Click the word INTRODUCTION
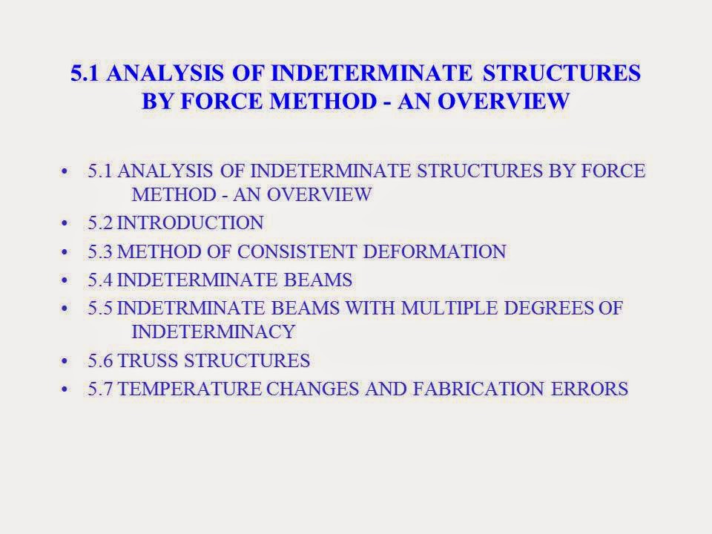click(190, 222)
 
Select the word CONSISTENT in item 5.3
click(303, 251)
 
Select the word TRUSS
click(149, 361)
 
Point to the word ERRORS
click(594, 389)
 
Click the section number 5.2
click(100, 222)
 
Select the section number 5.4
click(100, 280)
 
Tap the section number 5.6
click(100, 361)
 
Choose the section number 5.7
click(100, 389)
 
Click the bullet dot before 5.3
click(69, 252)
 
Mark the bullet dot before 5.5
click(69, 308)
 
